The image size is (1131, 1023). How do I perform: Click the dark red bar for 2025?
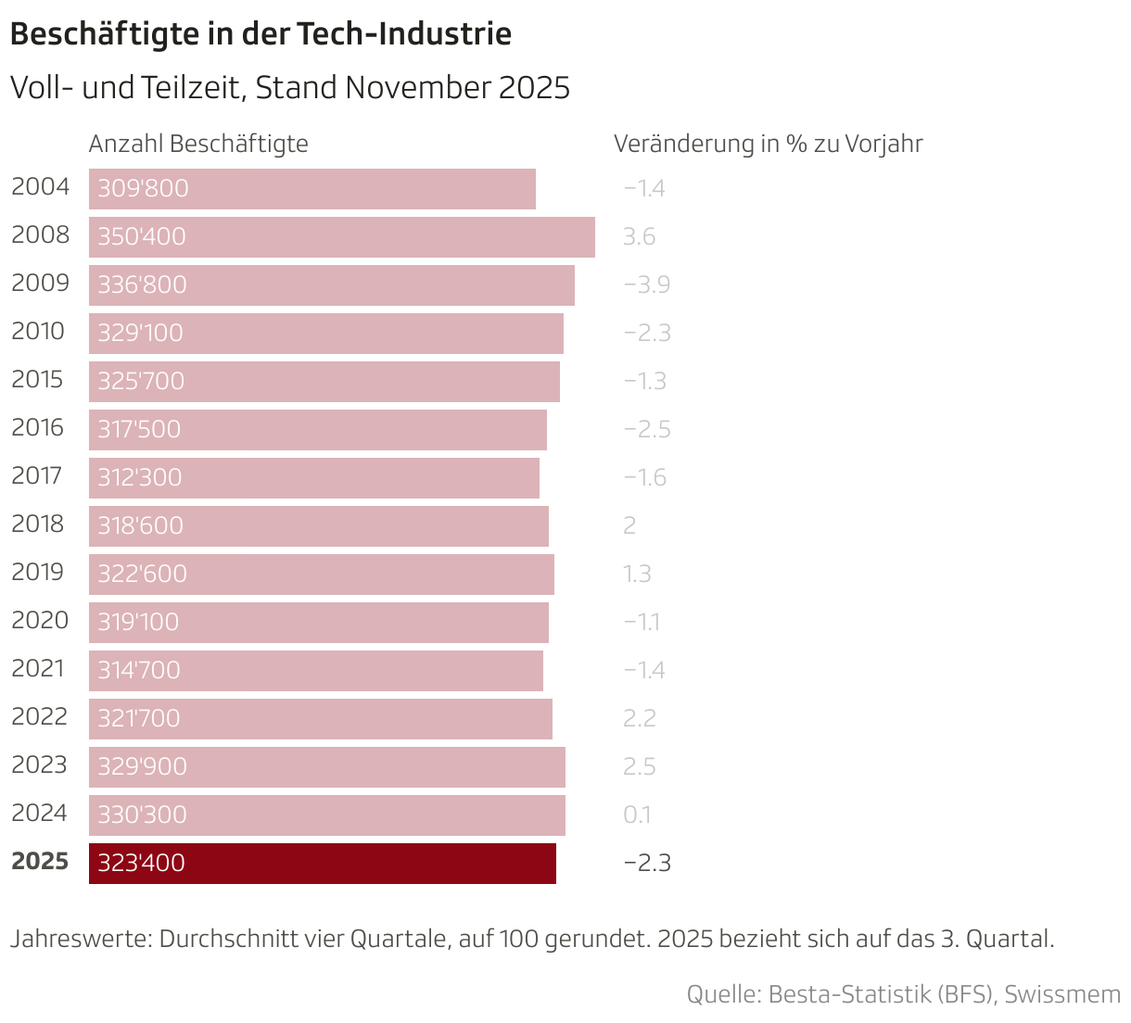click(323, 863)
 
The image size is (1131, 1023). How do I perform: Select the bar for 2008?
click(342, 236)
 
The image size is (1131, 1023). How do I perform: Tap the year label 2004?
click(40, 187)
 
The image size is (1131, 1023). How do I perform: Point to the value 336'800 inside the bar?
click(142, 284)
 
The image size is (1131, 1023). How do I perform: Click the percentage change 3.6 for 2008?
click(639, 236)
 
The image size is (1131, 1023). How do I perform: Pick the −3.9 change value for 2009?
click(646, 284)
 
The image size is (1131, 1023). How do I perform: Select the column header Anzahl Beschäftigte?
click(198, 144)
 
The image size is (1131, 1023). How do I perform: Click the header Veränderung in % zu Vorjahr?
click(768, 144)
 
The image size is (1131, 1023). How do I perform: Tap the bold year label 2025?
click(40, 862)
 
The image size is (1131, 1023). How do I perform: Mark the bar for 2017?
click(314, 477)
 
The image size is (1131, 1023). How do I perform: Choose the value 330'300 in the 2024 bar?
click(142, 815)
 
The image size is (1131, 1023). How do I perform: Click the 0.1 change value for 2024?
click(637, 815)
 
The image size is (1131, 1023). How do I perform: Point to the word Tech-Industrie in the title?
click(404, 34)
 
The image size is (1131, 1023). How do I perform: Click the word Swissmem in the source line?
click(1061, 994)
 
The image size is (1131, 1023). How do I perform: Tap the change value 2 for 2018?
click(629, 525)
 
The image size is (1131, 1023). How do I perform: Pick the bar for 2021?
click(316, 670)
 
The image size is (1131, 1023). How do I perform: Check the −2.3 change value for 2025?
click(646, 863)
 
